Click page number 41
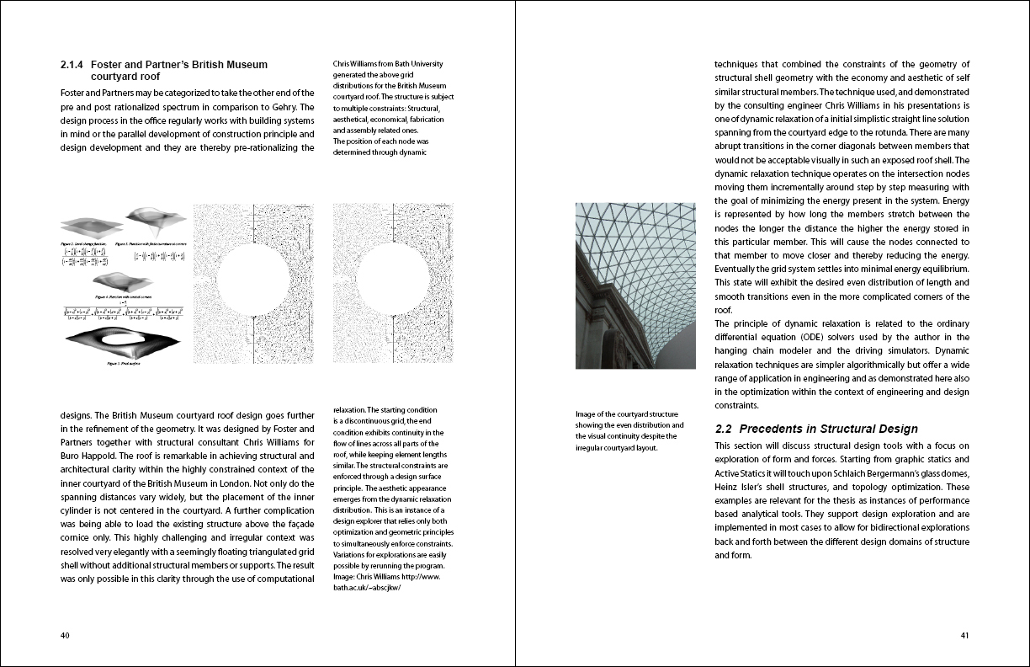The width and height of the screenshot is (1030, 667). point(964,636)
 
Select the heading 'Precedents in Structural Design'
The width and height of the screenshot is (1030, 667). point(828,429)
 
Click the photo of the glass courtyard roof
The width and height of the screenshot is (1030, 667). point(635,285)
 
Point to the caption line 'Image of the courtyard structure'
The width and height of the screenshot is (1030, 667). point(627,414)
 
